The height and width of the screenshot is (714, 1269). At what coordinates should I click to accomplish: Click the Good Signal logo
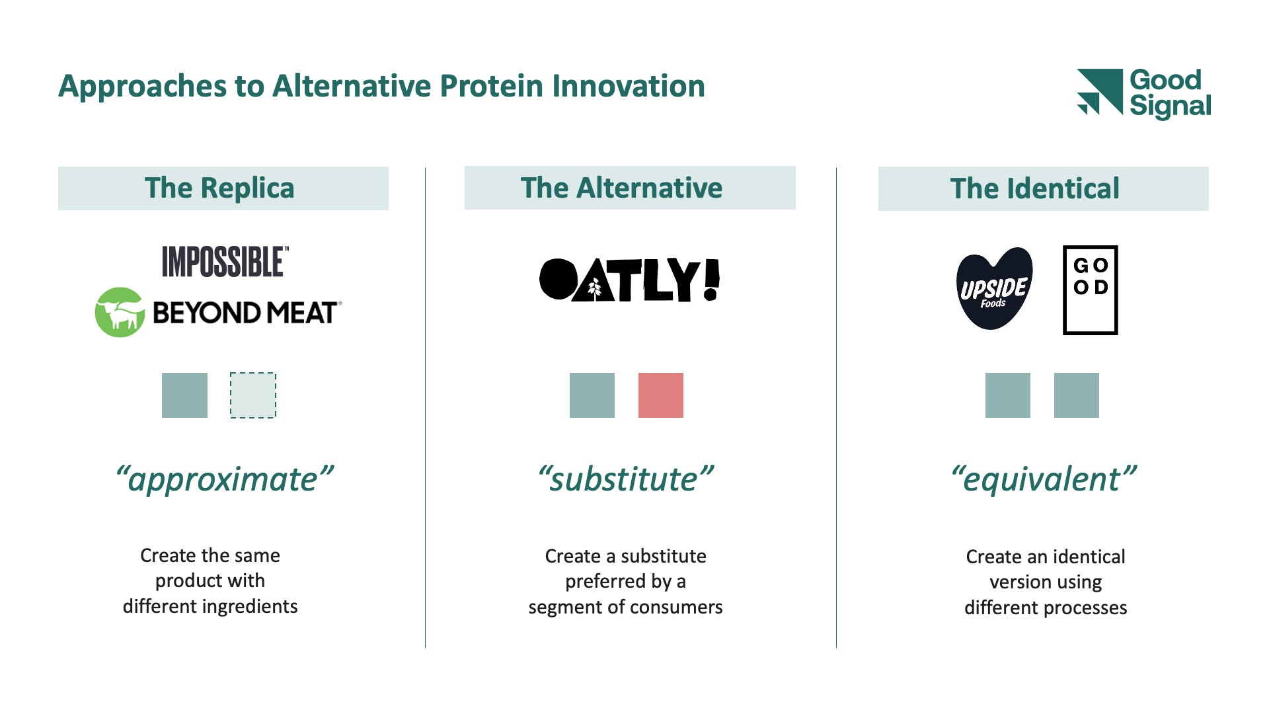(1144, 93)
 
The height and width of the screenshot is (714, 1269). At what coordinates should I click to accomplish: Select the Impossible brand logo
(225, 261)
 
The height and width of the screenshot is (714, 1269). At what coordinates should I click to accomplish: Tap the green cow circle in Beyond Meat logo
(120, 312)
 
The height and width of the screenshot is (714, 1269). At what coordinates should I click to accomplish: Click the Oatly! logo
(629, 280)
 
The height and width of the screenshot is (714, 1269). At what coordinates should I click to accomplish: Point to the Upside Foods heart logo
(994, 288)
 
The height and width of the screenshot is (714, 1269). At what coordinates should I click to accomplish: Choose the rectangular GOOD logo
(1091, 290)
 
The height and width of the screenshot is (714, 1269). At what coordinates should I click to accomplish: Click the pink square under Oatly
(661, 395)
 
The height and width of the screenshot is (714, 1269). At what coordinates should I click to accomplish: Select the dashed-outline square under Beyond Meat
(253, 395)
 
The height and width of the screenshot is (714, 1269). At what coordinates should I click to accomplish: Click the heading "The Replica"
(219, 188)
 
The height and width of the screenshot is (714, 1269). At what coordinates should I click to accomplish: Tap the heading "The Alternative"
(621, 188)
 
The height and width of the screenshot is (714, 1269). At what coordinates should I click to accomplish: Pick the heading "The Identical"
(1035, 189)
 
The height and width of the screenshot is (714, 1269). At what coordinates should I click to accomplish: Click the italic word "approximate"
(223, 480)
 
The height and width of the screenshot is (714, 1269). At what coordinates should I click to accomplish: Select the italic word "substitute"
(624, 479)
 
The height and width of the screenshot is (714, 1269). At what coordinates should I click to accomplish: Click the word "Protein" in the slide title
(491, 87)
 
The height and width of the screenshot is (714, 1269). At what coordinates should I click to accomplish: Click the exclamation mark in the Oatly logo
(711, 280)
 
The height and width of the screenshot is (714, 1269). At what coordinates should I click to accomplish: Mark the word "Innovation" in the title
(629, 87)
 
